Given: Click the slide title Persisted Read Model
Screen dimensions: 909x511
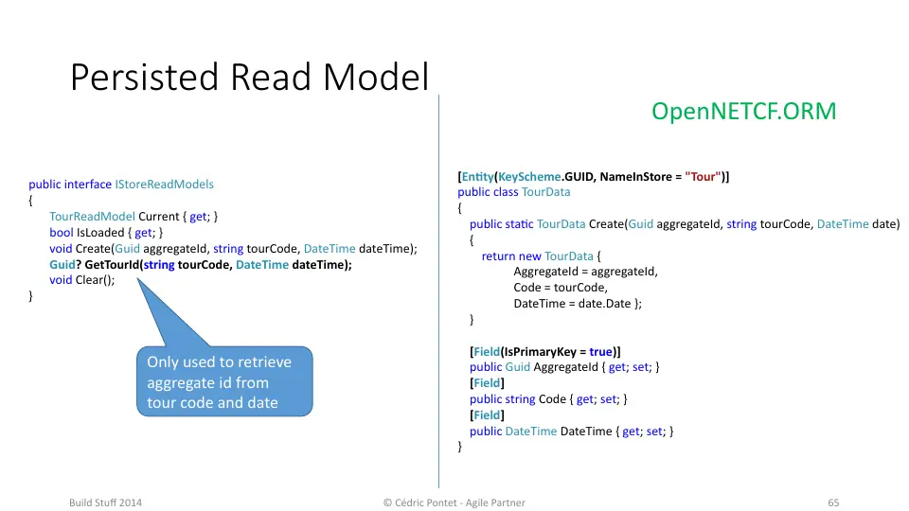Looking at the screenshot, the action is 249,77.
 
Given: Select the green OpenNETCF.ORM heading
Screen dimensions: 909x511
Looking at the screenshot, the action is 744,112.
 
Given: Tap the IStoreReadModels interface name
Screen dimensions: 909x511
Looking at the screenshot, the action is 164,185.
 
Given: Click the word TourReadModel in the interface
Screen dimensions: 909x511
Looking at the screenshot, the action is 92,216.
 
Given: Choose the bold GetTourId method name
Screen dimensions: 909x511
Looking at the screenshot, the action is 112,265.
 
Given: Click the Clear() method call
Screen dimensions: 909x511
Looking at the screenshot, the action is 95,280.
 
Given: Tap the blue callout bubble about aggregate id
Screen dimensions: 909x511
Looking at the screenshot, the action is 224,381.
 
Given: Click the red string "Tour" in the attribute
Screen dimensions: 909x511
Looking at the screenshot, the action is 703,177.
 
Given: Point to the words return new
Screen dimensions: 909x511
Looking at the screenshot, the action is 511,256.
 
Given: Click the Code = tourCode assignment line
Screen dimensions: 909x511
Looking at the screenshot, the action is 561,288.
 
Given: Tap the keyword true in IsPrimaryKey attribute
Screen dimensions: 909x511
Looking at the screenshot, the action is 600,352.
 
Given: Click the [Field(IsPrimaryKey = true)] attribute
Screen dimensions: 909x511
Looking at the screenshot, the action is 545,352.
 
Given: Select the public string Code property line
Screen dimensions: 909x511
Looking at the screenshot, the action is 548,399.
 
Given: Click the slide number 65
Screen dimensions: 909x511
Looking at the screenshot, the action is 833,502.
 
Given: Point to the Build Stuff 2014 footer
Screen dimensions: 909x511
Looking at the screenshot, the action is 105,502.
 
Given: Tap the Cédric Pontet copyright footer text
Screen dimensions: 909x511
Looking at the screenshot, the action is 454,502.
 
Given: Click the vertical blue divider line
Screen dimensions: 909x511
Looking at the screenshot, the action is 438,291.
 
